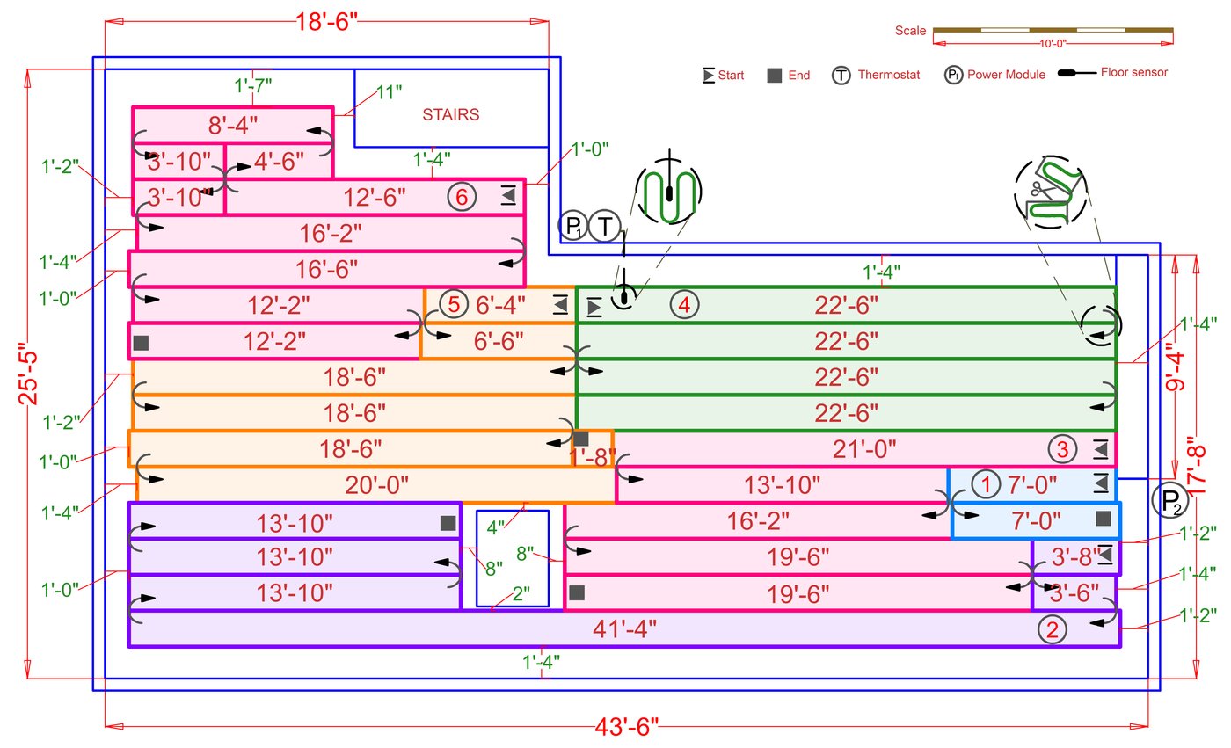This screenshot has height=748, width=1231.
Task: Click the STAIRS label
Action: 451,114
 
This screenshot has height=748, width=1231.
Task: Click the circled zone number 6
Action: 462,197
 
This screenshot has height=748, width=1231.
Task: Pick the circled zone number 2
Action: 1053,628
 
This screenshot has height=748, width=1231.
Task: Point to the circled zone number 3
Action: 1062,449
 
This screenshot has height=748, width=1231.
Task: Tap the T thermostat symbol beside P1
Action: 605,227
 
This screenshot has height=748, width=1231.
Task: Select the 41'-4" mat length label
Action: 628,628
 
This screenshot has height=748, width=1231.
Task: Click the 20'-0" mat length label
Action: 377,485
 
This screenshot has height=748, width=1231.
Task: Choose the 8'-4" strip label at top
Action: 233,125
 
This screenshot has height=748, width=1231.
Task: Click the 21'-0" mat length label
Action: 864,449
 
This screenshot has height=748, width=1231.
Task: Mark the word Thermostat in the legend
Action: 889,76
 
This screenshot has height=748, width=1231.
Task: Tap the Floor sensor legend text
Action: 1134,73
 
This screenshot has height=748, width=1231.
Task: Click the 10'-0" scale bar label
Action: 1053,42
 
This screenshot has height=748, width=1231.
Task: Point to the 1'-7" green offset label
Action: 253,86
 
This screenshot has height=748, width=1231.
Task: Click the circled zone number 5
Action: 454,305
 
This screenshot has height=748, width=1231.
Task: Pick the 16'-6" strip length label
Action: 326,265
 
